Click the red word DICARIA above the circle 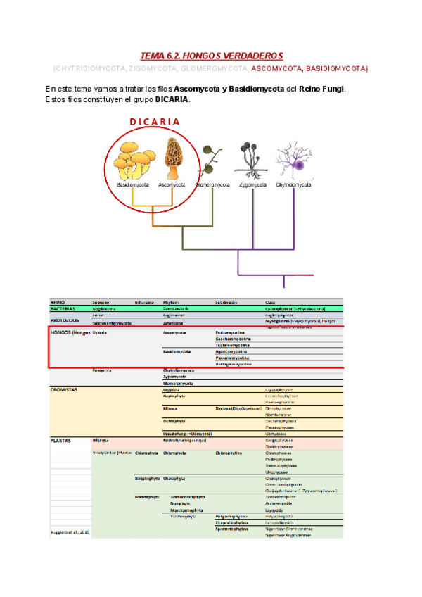[x=154, y=121]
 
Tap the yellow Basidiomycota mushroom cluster [x=131, y=158]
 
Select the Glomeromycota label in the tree [x=212, y=185]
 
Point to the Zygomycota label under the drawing [x=252, y=185]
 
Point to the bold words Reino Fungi [x=322, y=89]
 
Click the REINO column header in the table [x=58, y=302]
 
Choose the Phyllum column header [x=171, y=302]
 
